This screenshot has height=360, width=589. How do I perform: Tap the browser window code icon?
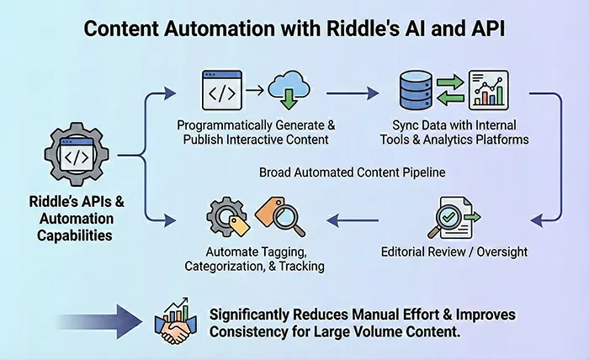pyautogui.click(x=221, y=90)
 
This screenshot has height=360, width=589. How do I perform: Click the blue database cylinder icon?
pyautogui.click(x=415, y=91)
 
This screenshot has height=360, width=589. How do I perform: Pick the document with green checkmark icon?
pyautogui.click(x=455, y=218)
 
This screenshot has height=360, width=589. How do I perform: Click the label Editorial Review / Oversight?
pyautogui.click(x=454, y=251)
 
